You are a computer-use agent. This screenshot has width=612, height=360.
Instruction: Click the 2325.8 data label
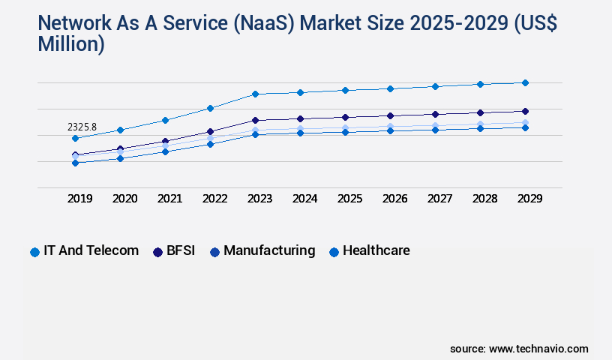(x=82, y=127)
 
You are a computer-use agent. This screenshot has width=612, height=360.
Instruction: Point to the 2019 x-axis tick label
(x=79, y=199)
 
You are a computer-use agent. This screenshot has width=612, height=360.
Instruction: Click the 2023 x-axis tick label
(x=259, y=199)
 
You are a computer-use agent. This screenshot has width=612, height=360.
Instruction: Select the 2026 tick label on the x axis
(x=394, y=199)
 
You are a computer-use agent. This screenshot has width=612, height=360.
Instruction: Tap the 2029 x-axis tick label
(x=529, y=199)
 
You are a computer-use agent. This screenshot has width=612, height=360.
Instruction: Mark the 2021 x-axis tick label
(x=169, y=199)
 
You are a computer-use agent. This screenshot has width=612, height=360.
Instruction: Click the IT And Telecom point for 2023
(x=255, y=94)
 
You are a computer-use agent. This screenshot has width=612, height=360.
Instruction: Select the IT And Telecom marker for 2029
(x=525, y=82)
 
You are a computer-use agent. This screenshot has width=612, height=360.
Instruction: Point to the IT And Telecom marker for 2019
(x=75, y=139)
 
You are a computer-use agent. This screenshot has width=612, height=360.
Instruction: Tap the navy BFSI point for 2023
(x=255, y=120)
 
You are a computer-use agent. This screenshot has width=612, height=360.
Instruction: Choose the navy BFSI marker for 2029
(x=525, y=111)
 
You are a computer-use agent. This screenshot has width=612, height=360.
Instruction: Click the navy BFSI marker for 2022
(x=210, y=131)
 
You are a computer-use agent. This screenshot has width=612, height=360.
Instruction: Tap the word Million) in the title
(x=71, y=44)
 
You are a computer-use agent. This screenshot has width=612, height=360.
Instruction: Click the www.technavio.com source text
(x=538, y=349)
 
